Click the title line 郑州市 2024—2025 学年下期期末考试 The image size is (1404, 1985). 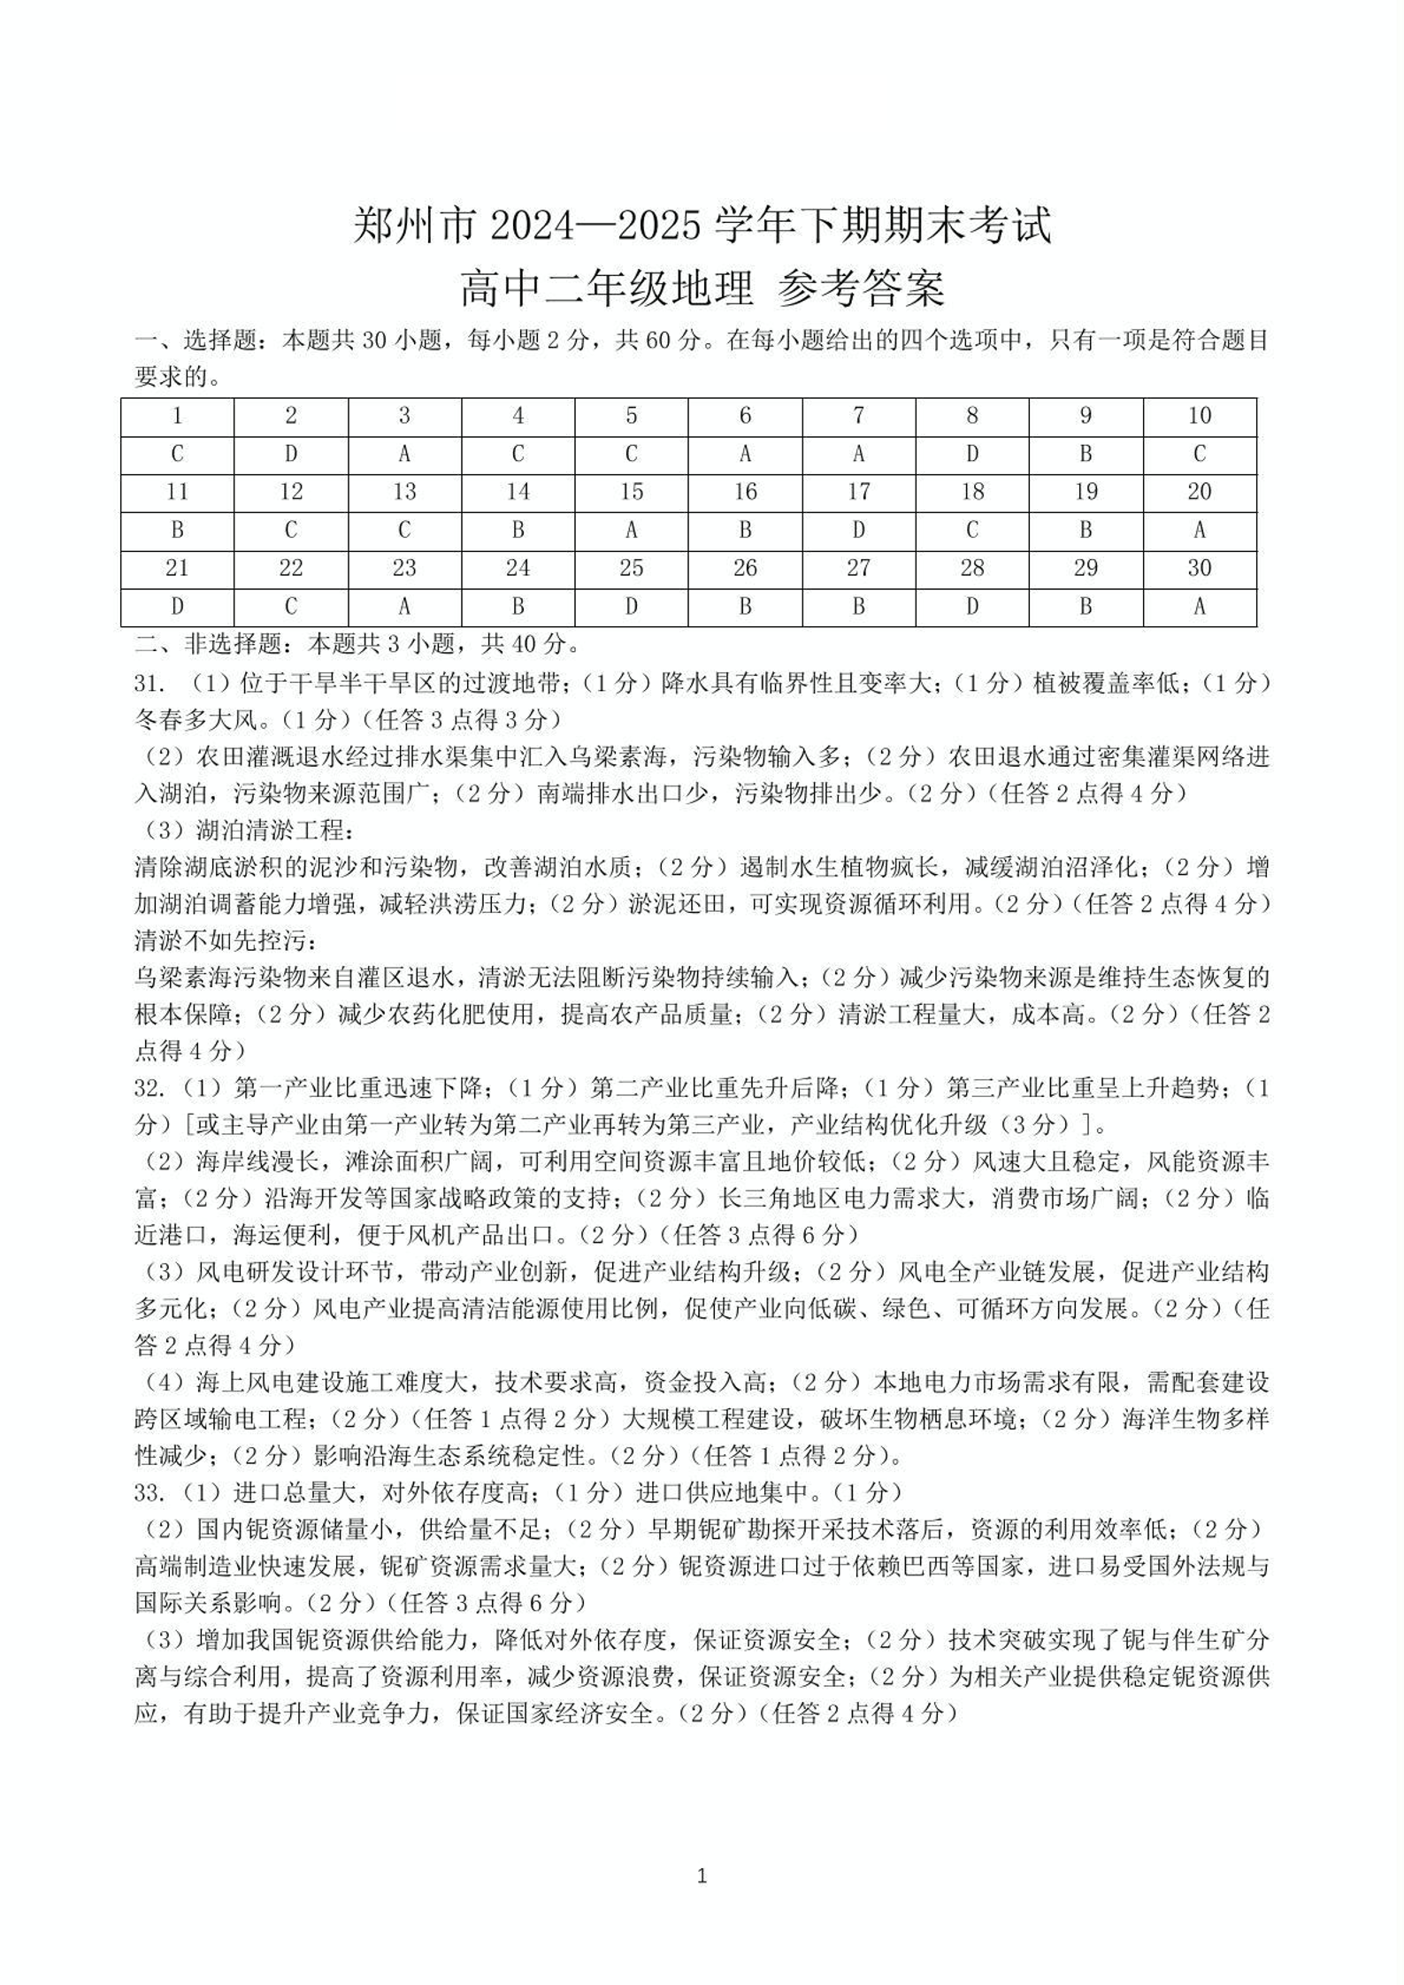[702, 226]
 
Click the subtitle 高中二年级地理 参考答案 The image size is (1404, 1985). [702, 288]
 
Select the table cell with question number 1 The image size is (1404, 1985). [177, 416]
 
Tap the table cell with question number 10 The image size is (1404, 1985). [1199, 416]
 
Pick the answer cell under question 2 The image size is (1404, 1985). [291, 455]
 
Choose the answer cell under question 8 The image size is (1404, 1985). [971, 455]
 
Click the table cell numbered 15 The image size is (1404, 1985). [631, 493]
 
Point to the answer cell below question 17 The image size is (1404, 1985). [858, 531]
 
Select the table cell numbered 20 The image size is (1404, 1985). [1199, 493]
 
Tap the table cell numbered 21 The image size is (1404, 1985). [177, 569]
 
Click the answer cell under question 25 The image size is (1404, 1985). [631, 607]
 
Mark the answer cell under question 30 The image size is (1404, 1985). [1199, 607]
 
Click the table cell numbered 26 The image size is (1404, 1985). [745, 569]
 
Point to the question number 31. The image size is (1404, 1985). [150, 684]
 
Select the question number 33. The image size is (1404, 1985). [150, 1493]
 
